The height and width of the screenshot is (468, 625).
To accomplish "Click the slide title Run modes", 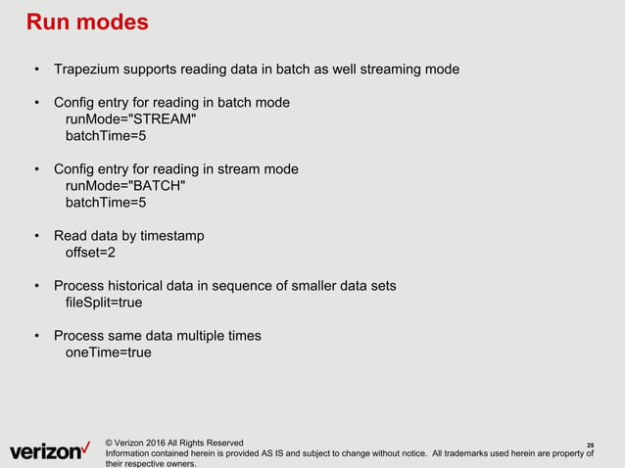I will coord(86,22).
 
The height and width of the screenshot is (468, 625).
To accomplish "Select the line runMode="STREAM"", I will coord(123,118).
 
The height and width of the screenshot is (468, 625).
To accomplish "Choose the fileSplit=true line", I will coord(104,303).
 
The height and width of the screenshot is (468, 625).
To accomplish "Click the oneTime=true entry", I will coord(108,352).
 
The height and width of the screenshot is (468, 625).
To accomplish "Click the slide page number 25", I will coord(590,445).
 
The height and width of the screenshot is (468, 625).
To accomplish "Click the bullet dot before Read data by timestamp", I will coord(36,236).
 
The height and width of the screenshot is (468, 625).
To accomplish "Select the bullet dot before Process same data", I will coord(36,336).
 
